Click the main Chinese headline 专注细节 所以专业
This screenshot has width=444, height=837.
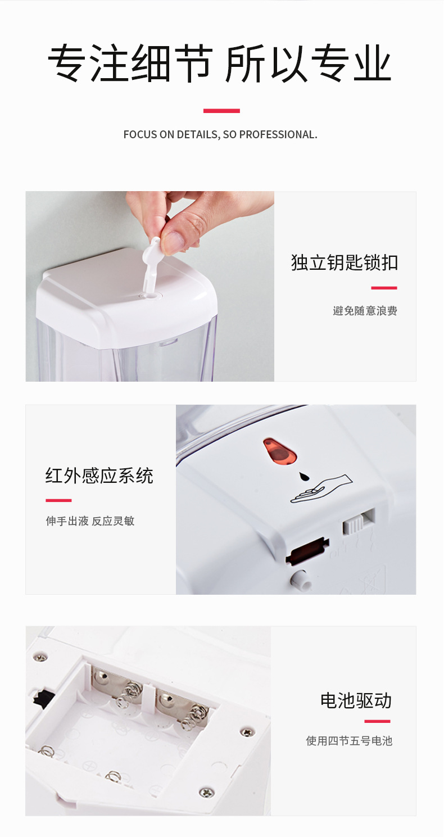pos(220,63)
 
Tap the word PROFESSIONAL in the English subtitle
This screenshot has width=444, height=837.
pos(278,134)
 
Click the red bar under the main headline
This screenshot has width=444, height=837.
pos(221,111)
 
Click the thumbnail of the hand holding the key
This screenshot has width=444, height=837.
pos(150,286)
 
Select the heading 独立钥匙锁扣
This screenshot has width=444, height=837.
pos(345,263)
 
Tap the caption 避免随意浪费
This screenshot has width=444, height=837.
pos(365,310)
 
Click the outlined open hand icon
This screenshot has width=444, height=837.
pos(321,489)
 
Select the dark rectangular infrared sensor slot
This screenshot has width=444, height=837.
pos(307,551)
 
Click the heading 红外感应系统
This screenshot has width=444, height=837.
pos(99,476)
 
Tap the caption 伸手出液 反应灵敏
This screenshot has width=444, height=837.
pos(90,521)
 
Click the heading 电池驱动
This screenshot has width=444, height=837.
pos(356,700)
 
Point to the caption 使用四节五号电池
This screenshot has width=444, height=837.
pos(349,740)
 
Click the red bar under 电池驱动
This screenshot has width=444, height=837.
pos(378,721)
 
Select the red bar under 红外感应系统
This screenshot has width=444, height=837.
pos(58,500)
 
